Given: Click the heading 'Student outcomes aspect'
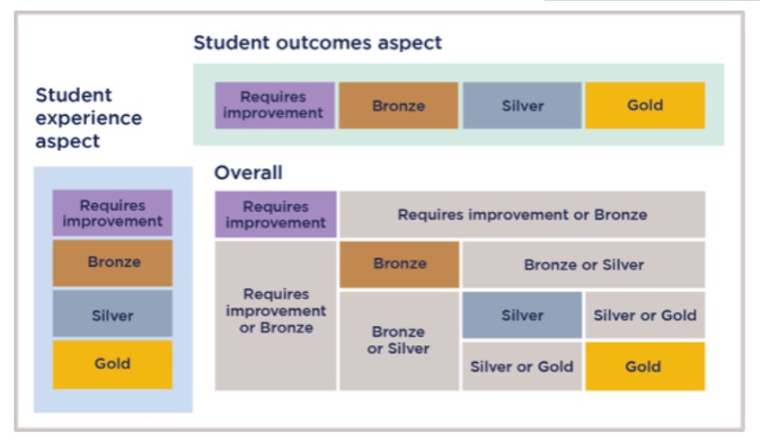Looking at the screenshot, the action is [x=317, y=42].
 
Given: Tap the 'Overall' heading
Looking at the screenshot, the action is [x=248, y=172].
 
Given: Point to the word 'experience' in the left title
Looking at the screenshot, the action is [x=89, y=119].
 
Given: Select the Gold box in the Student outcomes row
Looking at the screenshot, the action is [x=645, y=105].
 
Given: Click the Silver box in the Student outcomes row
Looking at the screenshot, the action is [x=522, y=105].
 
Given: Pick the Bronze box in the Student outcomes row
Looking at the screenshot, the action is [x=399, y=105].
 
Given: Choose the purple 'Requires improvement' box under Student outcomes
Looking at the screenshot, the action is [x=275, y=105].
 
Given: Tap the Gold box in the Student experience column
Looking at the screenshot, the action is [x=112, y=365].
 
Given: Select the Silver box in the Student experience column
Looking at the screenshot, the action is [x=112, y=314].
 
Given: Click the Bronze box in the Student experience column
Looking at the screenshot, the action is [x=112, y=262].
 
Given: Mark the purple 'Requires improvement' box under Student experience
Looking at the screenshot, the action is [x=112, y=213].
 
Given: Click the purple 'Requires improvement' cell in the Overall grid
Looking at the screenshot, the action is [x=276, y=214].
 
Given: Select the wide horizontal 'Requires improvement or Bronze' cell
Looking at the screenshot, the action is [x=523, y=214].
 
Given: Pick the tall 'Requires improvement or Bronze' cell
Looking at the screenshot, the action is [x=276, y=315].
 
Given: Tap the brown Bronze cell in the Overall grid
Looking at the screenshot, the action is [x=400, y=264].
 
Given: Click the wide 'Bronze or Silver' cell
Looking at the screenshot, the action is [x=584, y=264].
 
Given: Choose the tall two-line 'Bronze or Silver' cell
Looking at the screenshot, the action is [x=400, y=340].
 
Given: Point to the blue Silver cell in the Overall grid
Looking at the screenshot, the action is [x=522, y=314].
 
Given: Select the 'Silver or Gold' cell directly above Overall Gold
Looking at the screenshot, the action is [x=645, y=314].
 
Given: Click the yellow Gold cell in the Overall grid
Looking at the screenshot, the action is [x=645, y=367].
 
